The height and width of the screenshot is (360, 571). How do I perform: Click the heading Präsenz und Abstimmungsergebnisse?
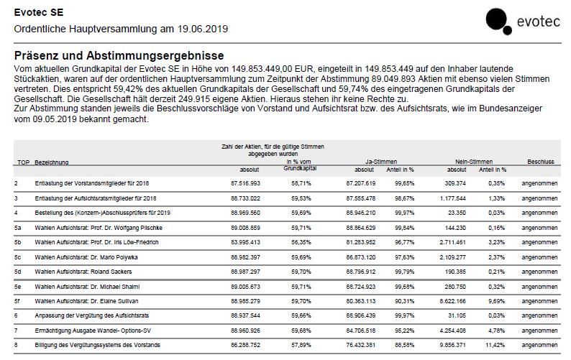click(x=119, y=55)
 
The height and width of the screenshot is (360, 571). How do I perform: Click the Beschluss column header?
click(x=540, y=162)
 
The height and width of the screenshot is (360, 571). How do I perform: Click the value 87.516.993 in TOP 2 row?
click(x=245, y=183)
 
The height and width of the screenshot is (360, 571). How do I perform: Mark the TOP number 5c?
click(x=18, y=257)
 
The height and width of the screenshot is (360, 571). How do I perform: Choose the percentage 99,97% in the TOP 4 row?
click(x=404, y=213)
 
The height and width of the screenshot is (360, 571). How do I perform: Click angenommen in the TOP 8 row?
click(x=539, y=345)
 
